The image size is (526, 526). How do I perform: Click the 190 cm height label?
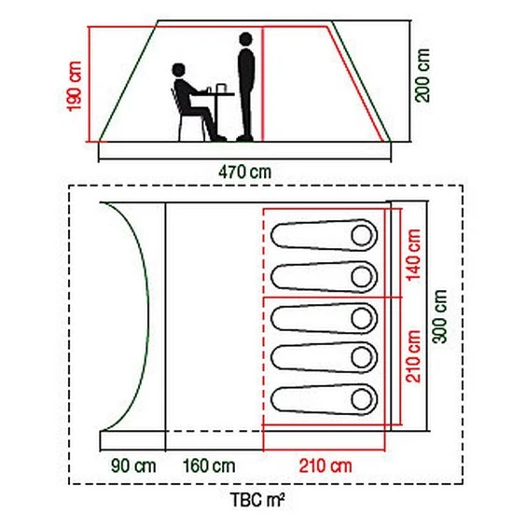click(74, 86)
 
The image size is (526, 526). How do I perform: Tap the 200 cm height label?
click(422, 76)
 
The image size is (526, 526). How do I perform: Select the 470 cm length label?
click(245, 173)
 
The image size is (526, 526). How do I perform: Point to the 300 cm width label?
click(439, 316)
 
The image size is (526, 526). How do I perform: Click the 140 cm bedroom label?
click(413, 255)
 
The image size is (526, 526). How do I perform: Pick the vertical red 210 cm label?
click(413, 356)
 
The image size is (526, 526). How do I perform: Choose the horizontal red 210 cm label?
click(325, 466)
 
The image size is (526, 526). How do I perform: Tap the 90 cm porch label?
click(133, 466)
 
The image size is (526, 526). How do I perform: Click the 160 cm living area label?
click(209, 466)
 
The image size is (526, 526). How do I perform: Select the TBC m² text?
click(257, 500)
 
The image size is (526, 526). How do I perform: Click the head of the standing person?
click(245, 39)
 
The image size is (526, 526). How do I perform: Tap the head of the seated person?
click(178, 70)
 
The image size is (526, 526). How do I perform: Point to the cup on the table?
click(221, 89)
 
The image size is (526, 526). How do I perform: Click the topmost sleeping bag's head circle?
click(362, 235)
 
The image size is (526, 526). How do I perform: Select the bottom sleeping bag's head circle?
click(362, 399)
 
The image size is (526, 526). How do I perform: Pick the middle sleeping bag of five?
click(324, 318)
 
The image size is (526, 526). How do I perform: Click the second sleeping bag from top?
click(324, 277)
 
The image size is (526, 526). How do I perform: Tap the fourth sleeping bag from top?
click(324, 357)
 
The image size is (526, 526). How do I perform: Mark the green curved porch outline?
click(147, 315)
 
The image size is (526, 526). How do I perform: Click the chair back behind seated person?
click(174, 101)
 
